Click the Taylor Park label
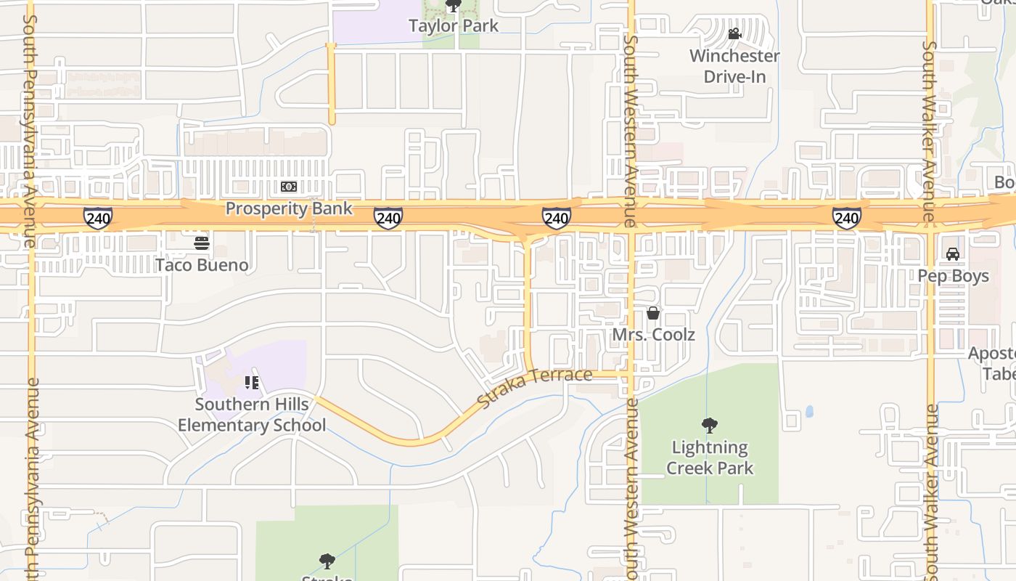[454, 26]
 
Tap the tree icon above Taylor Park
[454, 7]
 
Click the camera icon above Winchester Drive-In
[734, 34]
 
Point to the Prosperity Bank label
[289, 208]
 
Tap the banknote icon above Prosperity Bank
[289, 187]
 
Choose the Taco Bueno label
[202, 265]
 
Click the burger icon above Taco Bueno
[202, 243]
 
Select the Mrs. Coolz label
[654, 335]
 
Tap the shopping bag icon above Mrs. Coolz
[653, 313]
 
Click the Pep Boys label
[954, 276]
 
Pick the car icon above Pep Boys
[953, 254]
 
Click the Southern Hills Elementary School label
[252, 415]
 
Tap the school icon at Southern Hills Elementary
[252, 383]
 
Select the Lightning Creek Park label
[710, 458]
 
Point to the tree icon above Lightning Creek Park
[710, 426]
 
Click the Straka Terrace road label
[536, 387]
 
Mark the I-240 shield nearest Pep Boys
[846, 217]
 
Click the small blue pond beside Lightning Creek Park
[809, 412]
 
